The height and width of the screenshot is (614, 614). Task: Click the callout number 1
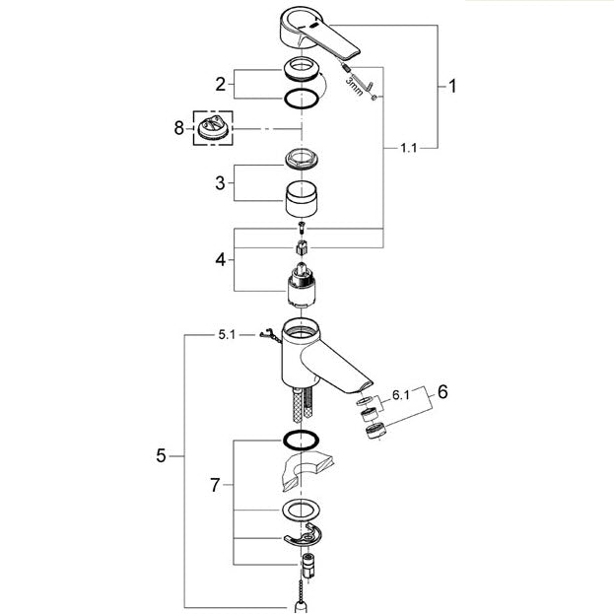tap(452, 86)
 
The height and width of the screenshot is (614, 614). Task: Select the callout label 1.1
tap(408, 148)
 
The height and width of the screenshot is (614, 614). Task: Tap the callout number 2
tap(221, 84)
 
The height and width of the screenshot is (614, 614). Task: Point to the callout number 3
tap(220, 183)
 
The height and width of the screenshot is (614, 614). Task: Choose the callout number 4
tap(221, 259)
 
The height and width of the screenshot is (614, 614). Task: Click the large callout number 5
tap(161, 455)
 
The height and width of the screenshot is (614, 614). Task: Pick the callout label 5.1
tap(227, 335)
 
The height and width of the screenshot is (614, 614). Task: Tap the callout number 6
tap(443, 392)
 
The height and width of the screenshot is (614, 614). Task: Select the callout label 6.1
tap(401, 395)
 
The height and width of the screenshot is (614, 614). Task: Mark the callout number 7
tap(215, 485)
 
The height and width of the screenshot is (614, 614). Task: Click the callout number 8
tap(179, 128)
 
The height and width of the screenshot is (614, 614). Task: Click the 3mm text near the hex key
tap(354, 87)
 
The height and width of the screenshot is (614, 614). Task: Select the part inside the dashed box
tap(213, 129)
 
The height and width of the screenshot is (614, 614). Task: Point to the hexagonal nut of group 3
tap(302, 160)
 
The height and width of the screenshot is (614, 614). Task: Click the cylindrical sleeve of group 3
tap(302, 199)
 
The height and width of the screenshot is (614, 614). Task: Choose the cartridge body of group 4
tap(302, 285)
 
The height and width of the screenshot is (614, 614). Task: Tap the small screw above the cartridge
tap(302, 226)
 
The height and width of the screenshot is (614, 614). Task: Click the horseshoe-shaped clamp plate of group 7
tap(303, 535)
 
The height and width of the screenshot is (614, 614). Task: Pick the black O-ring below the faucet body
tap(302, 440)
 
